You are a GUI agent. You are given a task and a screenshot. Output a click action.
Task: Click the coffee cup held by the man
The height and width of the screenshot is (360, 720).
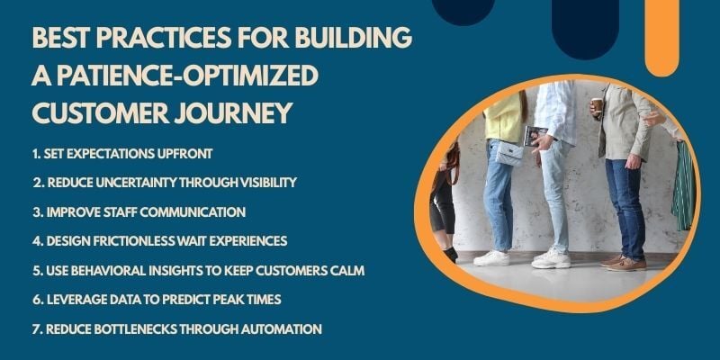[x=597, y=107]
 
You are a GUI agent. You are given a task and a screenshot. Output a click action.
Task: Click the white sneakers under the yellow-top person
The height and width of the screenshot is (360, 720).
[x=492, y=258]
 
